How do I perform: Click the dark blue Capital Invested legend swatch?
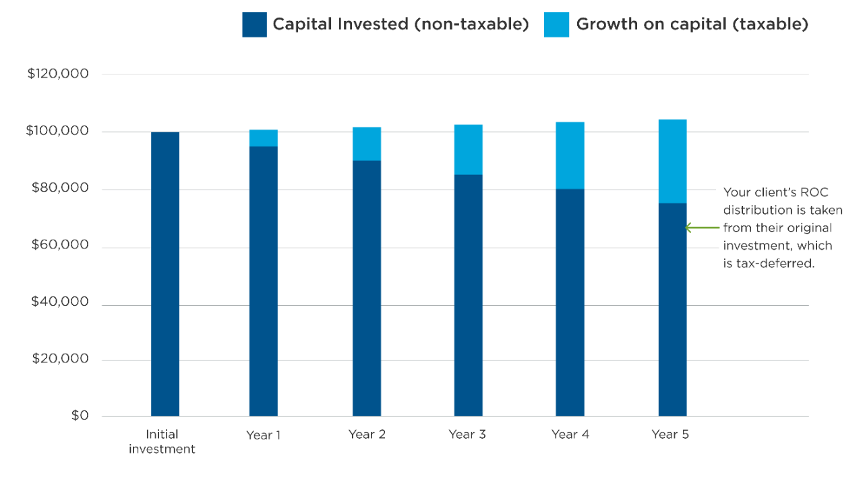254,25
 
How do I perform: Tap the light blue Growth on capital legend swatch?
556,25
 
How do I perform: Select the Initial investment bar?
165,273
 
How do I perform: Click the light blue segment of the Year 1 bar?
264,138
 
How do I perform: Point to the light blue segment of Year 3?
469,149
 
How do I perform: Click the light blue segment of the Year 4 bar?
570,155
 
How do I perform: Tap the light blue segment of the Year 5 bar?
672,161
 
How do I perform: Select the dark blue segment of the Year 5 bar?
672,309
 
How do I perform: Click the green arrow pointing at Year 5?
702,227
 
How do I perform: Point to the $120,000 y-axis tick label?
58,74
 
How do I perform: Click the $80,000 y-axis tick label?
58,189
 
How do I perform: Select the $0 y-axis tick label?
80,416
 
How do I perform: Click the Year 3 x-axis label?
467,435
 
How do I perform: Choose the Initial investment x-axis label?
162,441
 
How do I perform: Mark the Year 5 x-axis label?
670,435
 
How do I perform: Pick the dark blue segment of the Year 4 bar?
570,302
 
